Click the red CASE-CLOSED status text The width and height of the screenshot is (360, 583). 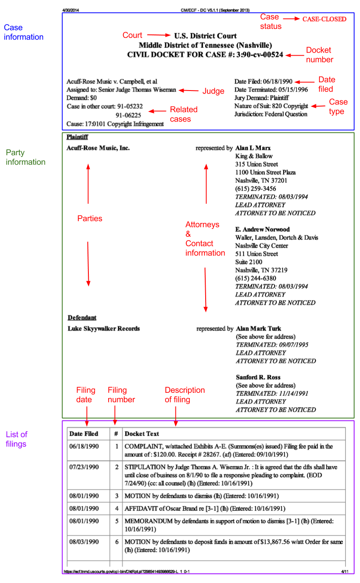(324, 19)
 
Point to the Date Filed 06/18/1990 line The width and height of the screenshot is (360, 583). (263, 81)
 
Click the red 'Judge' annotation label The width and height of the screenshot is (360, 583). (213, 91)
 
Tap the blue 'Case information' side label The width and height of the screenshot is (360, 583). (23, 32)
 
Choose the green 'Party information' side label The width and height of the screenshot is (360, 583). (25, 157)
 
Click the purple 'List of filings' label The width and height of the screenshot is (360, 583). (17, 439)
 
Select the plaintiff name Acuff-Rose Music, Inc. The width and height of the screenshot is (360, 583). (98, 148)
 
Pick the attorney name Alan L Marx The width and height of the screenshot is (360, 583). (253, 148)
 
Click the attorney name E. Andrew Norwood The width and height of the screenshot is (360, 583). (262, 229)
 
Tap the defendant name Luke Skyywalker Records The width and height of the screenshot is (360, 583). (104, 329)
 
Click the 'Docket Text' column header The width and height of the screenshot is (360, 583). (141, 434)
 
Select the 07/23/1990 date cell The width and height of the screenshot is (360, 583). (84, 467)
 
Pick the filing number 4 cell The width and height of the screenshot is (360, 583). (116, 509)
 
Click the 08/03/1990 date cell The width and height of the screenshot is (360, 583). (84, 542)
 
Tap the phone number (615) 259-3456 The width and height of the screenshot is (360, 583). (256, 189)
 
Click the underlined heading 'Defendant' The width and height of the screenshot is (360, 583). (82, 318)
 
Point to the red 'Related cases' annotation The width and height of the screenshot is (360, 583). (183, 114)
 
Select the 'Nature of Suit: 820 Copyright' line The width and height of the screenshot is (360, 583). (271, 106)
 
